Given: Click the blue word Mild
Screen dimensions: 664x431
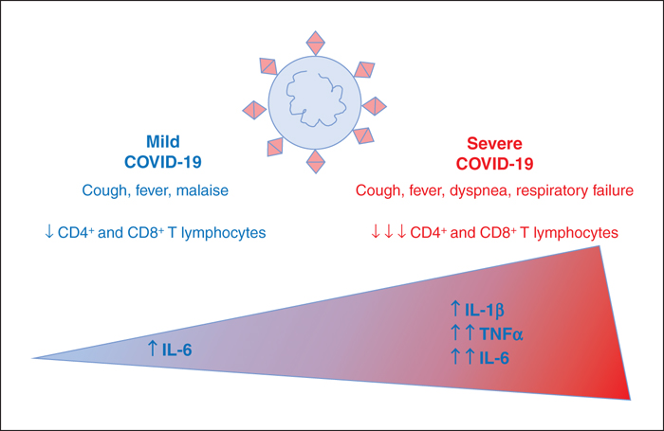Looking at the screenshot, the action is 163,141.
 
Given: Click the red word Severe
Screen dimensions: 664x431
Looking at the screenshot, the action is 494,143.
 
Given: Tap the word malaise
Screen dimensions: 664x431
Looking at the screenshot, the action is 202,190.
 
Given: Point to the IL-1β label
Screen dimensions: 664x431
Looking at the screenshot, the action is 485,310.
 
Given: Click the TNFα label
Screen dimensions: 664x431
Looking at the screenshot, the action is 502,334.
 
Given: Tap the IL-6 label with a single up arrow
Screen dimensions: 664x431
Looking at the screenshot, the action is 176,350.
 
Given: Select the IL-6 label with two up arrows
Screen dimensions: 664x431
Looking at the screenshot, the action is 494,358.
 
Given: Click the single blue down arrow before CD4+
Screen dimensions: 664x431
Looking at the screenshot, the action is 49,232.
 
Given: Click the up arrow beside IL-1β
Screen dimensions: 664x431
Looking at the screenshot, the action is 455,309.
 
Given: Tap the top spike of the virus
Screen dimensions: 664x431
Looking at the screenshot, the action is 316,43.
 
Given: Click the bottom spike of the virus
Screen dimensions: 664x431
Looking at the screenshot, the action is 316,162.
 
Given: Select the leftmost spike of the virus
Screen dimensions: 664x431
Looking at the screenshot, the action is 254,110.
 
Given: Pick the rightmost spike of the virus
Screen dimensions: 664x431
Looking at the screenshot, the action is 375,106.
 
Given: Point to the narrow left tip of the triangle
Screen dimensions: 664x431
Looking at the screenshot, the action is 32,358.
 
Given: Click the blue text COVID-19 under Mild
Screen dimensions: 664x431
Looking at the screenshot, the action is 163,162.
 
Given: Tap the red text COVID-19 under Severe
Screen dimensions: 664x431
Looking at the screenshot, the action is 494,164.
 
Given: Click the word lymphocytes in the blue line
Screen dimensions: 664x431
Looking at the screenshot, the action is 224,233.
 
